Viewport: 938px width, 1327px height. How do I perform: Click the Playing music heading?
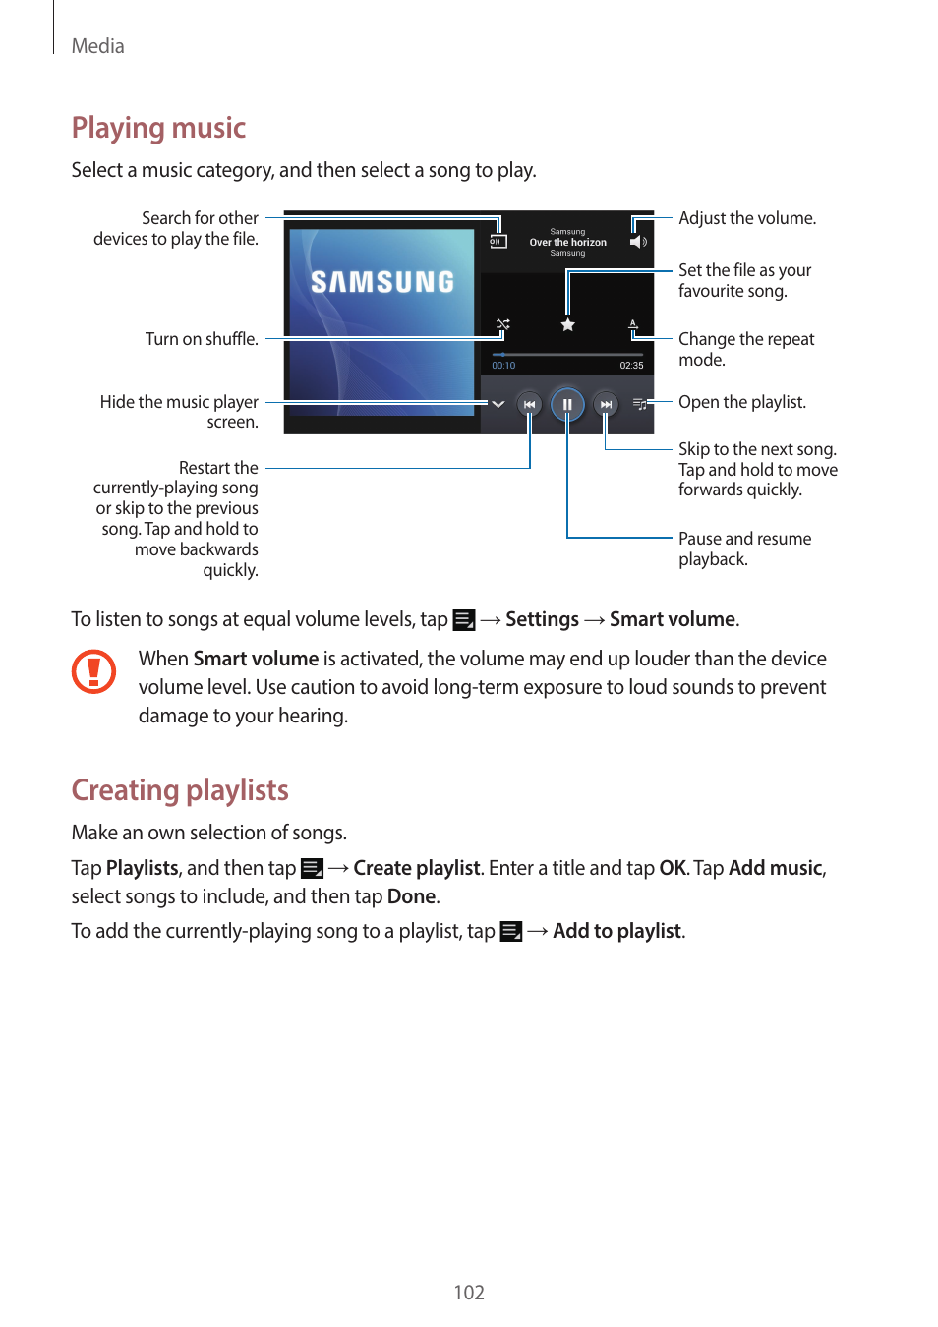[x=158, y=128]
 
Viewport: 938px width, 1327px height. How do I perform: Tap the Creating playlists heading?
[x=180, y=790]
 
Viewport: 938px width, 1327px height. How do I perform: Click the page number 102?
[x=469, y=1293]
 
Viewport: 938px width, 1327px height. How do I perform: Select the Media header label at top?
[x=97, y=46]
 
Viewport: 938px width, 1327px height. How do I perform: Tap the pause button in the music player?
[x=567, y=404]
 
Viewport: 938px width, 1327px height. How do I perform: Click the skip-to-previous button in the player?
[x=529, y=404]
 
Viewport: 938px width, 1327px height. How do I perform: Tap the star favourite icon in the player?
[x=567, y=324]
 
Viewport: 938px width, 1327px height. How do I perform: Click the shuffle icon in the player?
[x=502, y=324]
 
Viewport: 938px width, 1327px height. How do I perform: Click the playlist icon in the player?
[x=639, y=404]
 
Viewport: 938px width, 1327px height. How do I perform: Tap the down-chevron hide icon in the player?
[x=498, y=404]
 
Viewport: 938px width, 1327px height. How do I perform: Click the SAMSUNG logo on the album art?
[x=382, y=282]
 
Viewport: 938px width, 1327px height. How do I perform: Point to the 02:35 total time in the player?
[x=631, y=366]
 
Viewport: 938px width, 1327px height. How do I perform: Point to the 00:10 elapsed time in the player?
[x=503, y=366]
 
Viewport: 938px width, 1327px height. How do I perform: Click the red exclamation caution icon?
[x=94, y=671]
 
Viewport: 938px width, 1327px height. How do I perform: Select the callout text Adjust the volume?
[x=746, y=218]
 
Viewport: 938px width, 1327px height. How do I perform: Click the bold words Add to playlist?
[x=616, y=931]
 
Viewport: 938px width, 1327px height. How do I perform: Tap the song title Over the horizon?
[x=567, y=242]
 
